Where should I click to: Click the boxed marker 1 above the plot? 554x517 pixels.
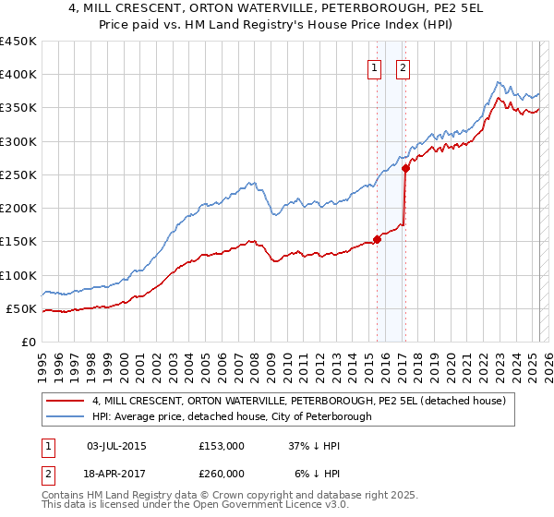click(375, 66)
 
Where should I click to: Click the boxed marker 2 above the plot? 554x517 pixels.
click(404, 66)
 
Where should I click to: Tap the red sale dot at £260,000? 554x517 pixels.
click(405, 168)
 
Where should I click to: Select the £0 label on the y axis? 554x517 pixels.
click(27, 343)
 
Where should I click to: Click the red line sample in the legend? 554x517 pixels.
click(66, 402)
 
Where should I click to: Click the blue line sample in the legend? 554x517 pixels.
click(66, 417)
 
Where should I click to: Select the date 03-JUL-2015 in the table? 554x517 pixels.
click(115, 445)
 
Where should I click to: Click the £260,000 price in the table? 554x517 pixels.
click(222, 473)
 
